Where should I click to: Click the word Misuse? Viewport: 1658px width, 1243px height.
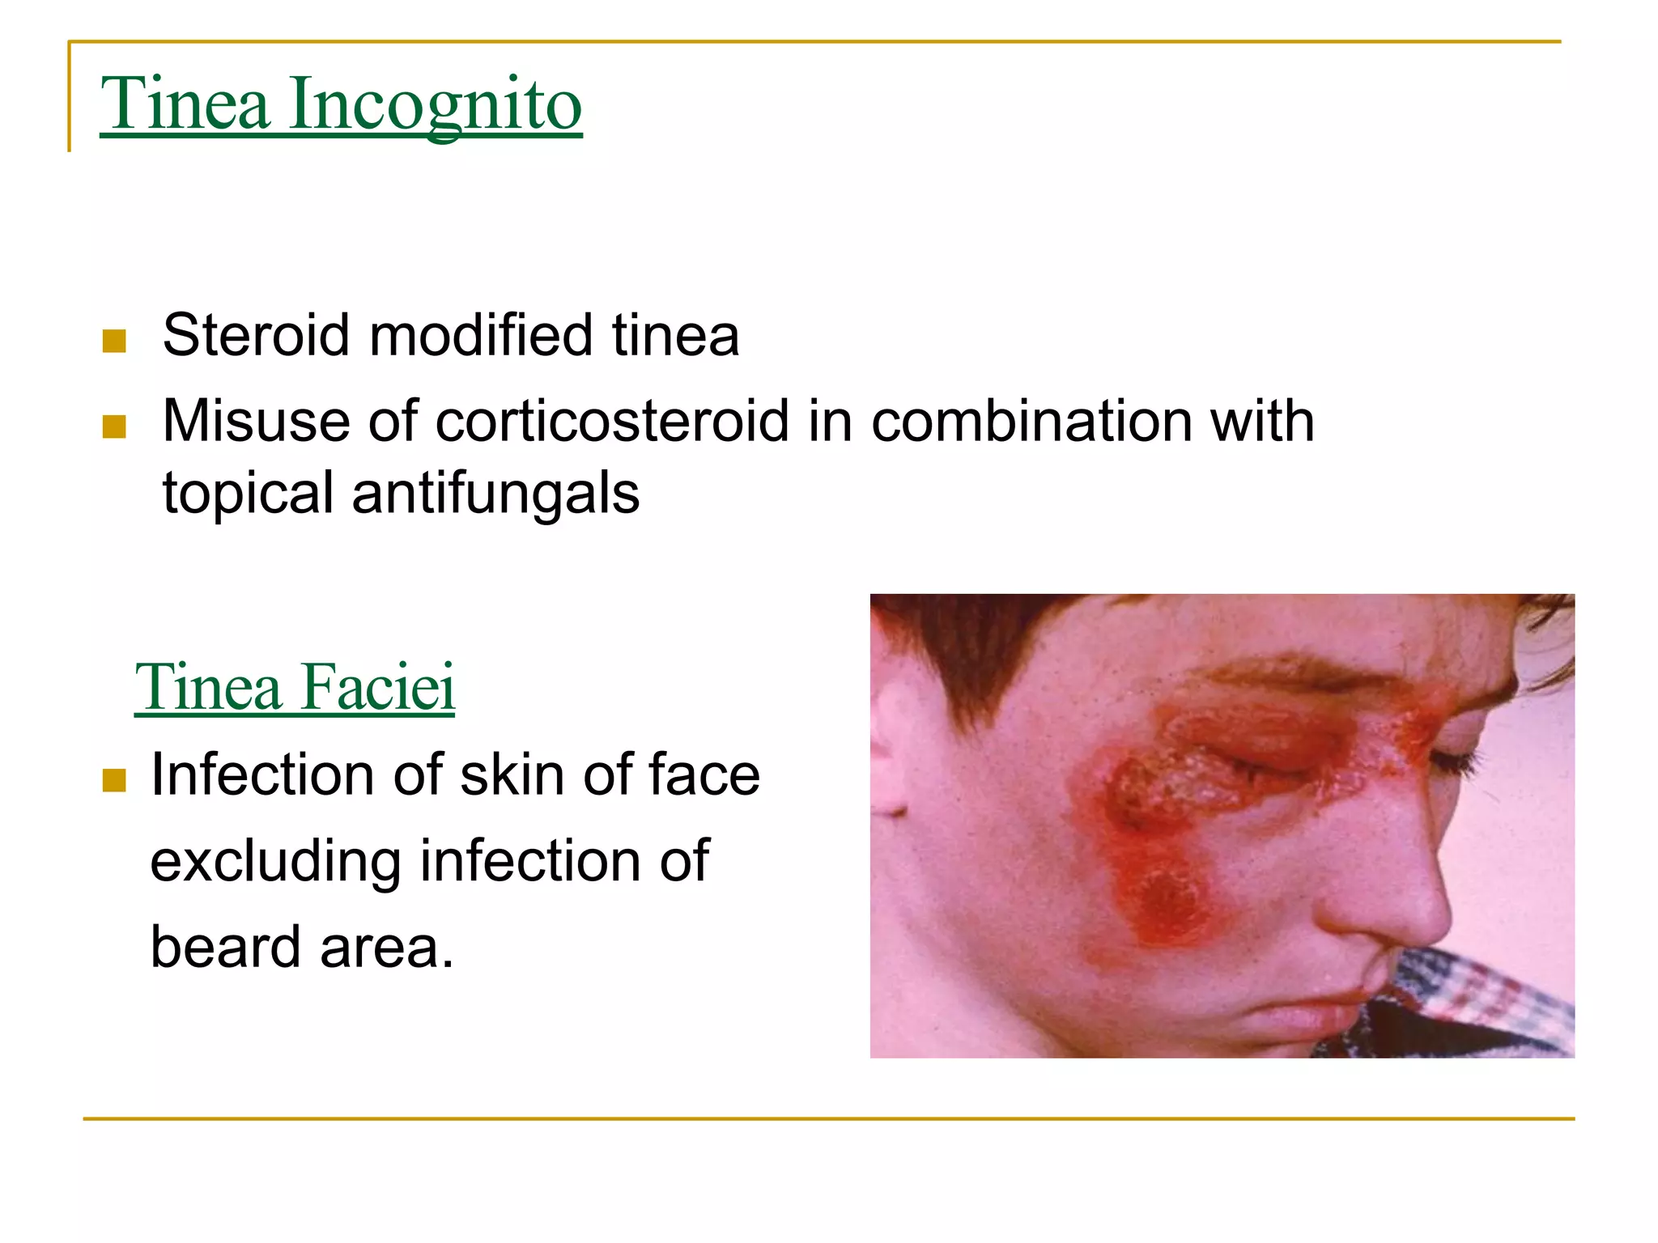coord(254,422)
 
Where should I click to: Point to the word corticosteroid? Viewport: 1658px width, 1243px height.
coord(612,422)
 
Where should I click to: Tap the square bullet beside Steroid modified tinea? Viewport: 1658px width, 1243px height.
coord(114,341)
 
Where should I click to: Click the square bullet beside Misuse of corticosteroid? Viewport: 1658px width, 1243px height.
coord(114,426)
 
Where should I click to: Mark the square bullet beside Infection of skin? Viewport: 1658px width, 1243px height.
coord(114,780)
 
